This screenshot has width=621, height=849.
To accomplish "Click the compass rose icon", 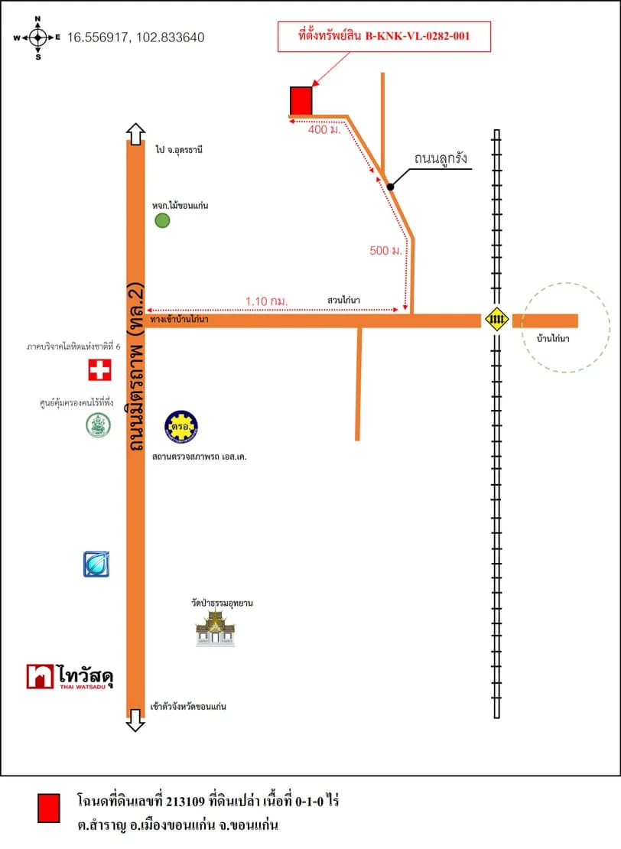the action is (37, 38).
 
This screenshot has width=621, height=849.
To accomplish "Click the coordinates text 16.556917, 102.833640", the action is (136, 37).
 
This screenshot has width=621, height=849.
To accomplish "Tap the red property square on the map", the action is (301, 101).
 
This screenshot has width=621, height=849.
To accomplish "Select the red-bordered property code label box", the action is (384, 37).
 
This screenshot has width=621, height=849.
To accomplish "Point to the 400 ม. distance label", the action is (324, 129).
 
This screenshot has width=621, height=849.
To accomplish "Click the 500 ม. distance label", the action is (386, 251).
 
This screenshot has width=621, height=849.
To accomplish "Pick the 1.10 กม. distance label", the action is (266, 301).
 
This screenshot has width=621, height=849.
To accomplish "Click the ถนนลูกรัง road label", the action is (441, 158).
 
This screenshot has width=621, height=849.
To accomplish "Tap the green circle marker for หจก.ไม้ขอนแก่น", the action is (162, 220).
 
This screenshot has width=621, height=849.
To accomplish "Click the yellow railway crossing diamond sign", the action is (496, 319).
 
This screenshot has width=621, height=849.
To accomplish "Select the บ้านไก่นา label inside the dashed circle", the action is (553, 338).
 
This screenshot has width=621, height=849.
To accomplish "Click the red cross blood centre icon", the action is (99, 370).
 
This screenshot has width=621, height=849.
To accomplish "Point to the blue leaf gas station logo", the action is (96, 564).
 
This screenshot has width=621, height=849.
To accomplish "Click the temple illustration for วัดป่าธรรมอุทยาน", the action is (216, 627).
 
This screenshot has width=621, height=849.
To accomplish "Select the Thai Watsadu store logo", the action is (70, 677).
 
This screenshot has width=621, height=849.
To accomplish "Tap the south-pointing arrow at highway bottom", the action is (135, 721).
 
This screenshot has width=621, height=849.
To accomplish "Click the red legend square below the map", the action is (49, 808).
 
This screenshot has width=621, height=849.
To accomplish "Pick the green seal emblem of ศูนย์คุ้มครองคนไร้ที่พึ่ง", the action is (99, 425).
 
